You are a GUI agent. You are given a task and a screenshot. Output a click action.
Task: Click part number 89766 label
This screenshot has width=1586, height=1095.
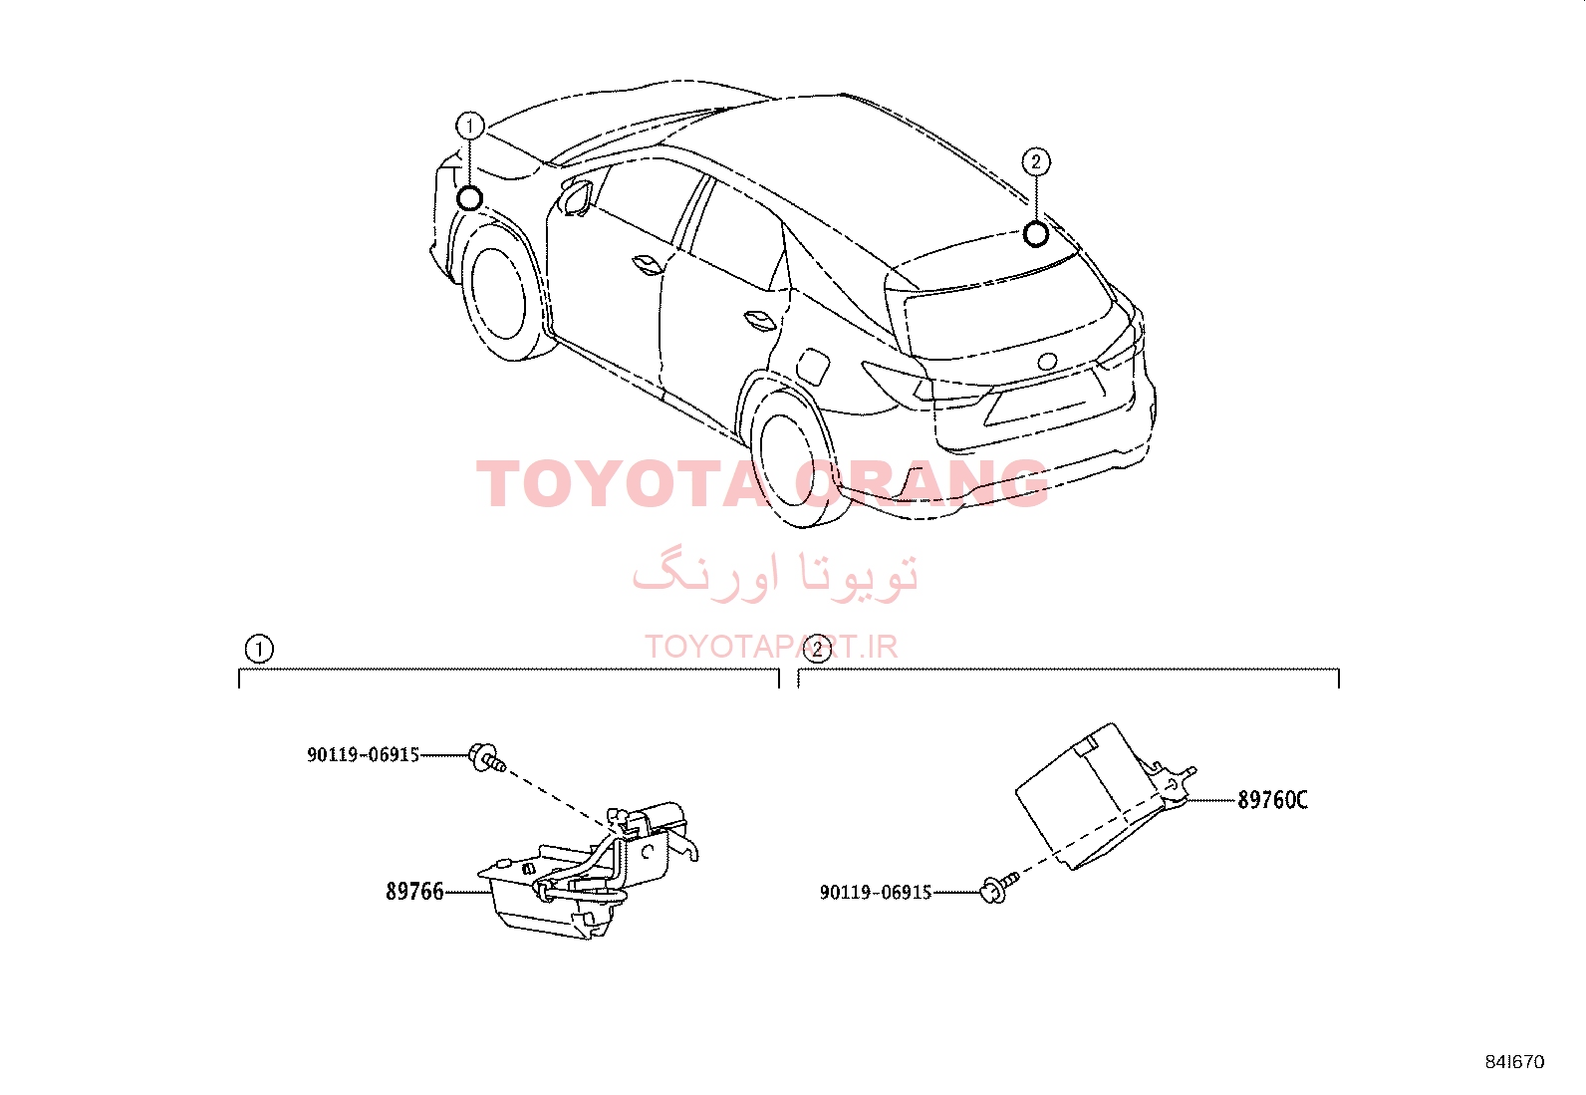click(414, 891)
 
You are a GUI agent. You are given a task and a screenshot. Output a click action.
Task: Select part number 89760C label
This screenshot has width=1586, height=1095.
click(1272, 800)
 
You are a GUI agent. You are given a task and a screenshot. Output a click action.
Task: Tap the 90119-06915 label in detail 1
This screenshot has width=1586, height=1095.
click(364, 755)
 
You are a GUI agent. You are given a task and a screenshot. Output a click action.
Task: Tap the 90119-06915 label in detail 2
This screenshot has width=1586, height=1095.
click(876, 893)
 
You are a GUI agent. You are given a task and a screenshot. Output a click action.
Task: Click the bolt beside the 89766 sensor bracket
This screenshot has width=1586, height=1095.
click(487, 758)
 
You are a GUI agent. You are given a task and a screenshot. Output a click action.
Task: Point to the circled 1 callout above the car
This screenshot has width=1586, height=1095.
click(470, 127)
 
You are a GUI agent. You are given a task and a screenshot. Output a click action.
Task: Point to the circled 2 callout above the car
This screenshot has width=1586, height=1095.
click(1036, 162)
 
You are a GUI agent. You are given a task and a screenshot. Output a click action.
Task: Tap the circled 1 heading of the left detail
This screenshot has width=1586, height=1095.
click(259, 649)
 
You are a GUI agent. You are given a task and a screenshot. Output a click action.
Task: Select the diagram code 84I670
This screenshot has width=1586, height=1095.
click(1514, 1062)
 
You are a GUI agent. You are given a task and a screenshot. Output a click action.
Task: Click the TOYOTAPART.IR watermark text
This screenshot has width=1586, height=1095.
click(771, 647)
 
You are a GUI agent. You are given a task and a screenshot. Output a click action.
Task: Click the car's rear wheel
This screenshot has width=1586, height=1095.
click(792, 460)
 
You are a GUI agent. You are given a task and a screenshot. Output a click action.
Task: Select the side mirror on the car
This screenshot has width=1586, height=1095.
click(577, 197)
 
